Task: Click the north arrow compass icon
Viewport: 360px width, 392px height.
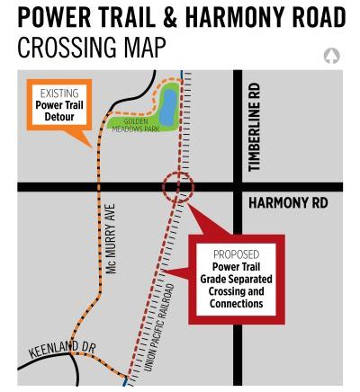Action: coord(331,56)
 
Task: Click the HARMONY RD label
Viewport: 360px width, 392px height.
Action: coord(288,203)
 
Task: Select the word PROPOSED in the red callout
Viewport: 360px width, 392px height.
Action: coord(236,254)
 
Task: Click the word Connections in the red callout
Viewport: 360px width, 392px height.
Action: coord(236,304)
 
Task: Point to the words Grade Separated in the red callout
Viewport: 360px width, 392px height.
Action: coord(236,279)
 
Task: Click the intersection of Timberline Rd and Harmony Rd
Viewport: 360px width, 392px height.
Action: coord(238,187)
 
